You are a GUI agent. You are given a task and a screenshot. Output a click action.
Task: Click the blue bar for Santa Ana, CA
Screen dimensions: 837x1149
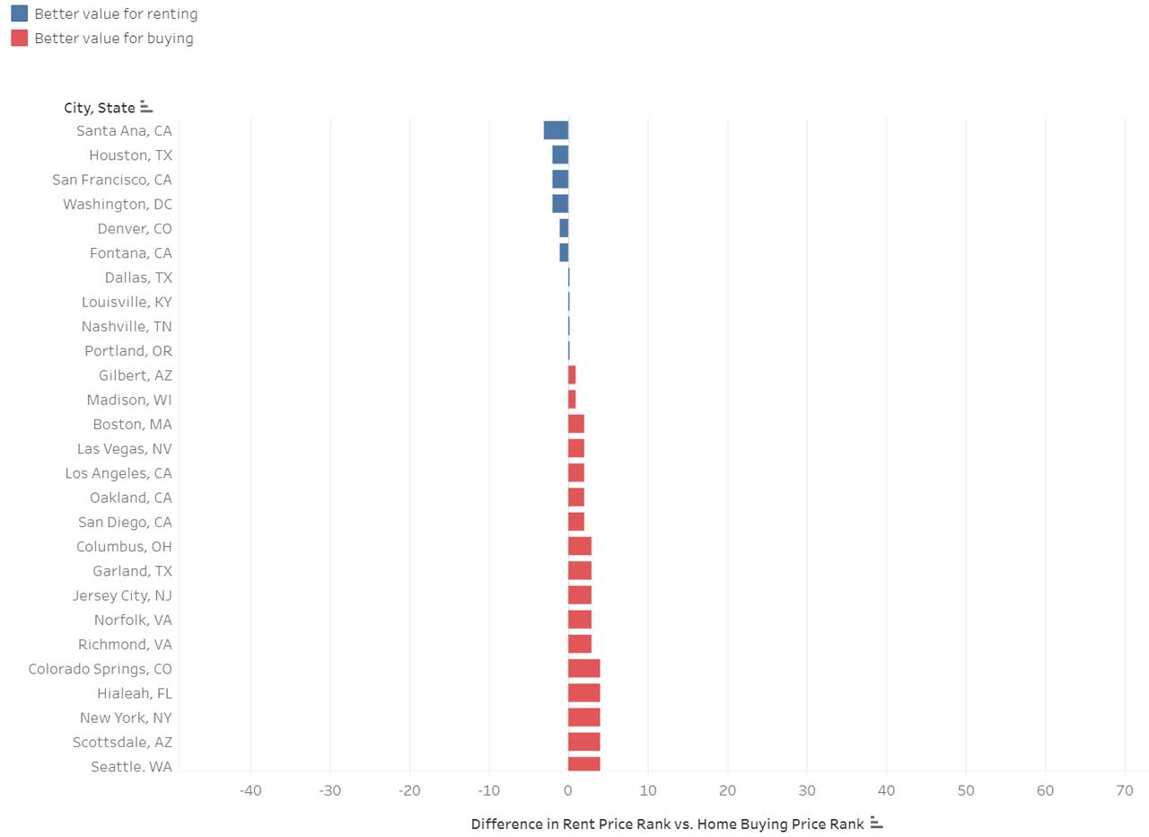point(556,130)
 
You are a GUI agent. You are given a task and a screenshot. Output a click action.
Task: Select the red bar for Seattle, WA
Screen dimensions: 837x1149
point(583,764)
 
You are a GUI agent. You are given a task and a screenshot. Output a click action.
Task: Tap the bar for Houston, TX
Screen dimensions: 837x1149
point(560,155)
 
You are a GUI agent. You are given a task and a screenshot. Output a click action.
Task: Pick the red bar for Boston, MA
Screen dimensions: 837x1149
point(575,424)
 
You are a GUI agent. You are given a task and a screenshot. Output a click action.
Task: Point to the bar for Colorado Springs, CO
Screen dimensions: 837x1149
point(583,668)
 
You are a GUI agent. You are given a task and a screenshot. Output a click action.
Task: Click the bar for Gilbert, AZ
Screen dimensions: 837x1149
point(572,375)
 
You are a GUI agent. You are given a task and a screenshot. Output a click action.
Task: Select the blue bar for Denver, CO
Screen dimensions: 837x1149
point(564,228)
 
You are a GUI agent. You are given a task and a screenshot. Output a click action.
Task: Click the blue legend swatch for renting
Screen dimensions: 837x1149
point(19,13)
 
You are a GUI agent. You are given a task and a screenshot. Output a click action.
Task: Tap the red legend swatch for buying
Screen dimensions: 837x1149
point(19,38)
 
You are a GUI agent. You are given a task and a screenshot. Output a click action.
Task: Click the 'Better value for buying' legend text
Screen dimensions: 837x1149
point(114,39)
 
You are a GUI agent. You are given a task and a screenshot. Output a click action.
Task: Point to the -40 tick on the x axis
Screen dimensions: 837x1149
point(250,790)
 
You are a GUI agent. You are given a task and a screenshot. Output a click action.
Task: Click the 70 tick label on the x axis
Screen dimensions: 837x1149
point(1125,790)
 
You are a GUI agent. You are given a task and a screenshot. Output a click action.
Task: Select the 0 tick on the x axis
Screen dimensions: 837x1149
point(568,790)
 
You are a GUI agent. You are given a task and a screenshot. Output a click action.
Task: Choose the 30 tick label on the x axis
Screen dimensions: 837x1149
point(807,790)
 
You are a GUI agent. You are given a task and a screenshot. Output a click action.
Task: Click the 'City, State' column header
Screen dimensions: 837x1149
point(100,108)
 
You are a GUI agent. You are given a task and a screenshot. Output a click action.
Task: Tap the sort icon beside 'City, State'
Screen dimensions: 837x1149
point(146,107)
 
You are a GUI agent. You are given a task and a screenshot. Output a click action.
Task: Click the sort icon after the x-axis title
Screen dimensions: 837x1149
point(877,824)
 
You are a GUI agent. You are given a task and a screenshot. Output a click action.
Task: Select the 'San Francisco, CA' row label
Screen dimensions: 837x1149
point(112,180)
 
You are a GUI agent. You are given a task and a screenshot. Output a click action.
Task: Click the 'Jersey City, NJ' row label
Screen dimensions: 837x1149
point(123,595)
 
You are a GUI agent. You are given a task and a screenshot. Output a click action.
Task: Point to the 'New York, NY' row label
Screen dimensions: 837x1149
point(126,718)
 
